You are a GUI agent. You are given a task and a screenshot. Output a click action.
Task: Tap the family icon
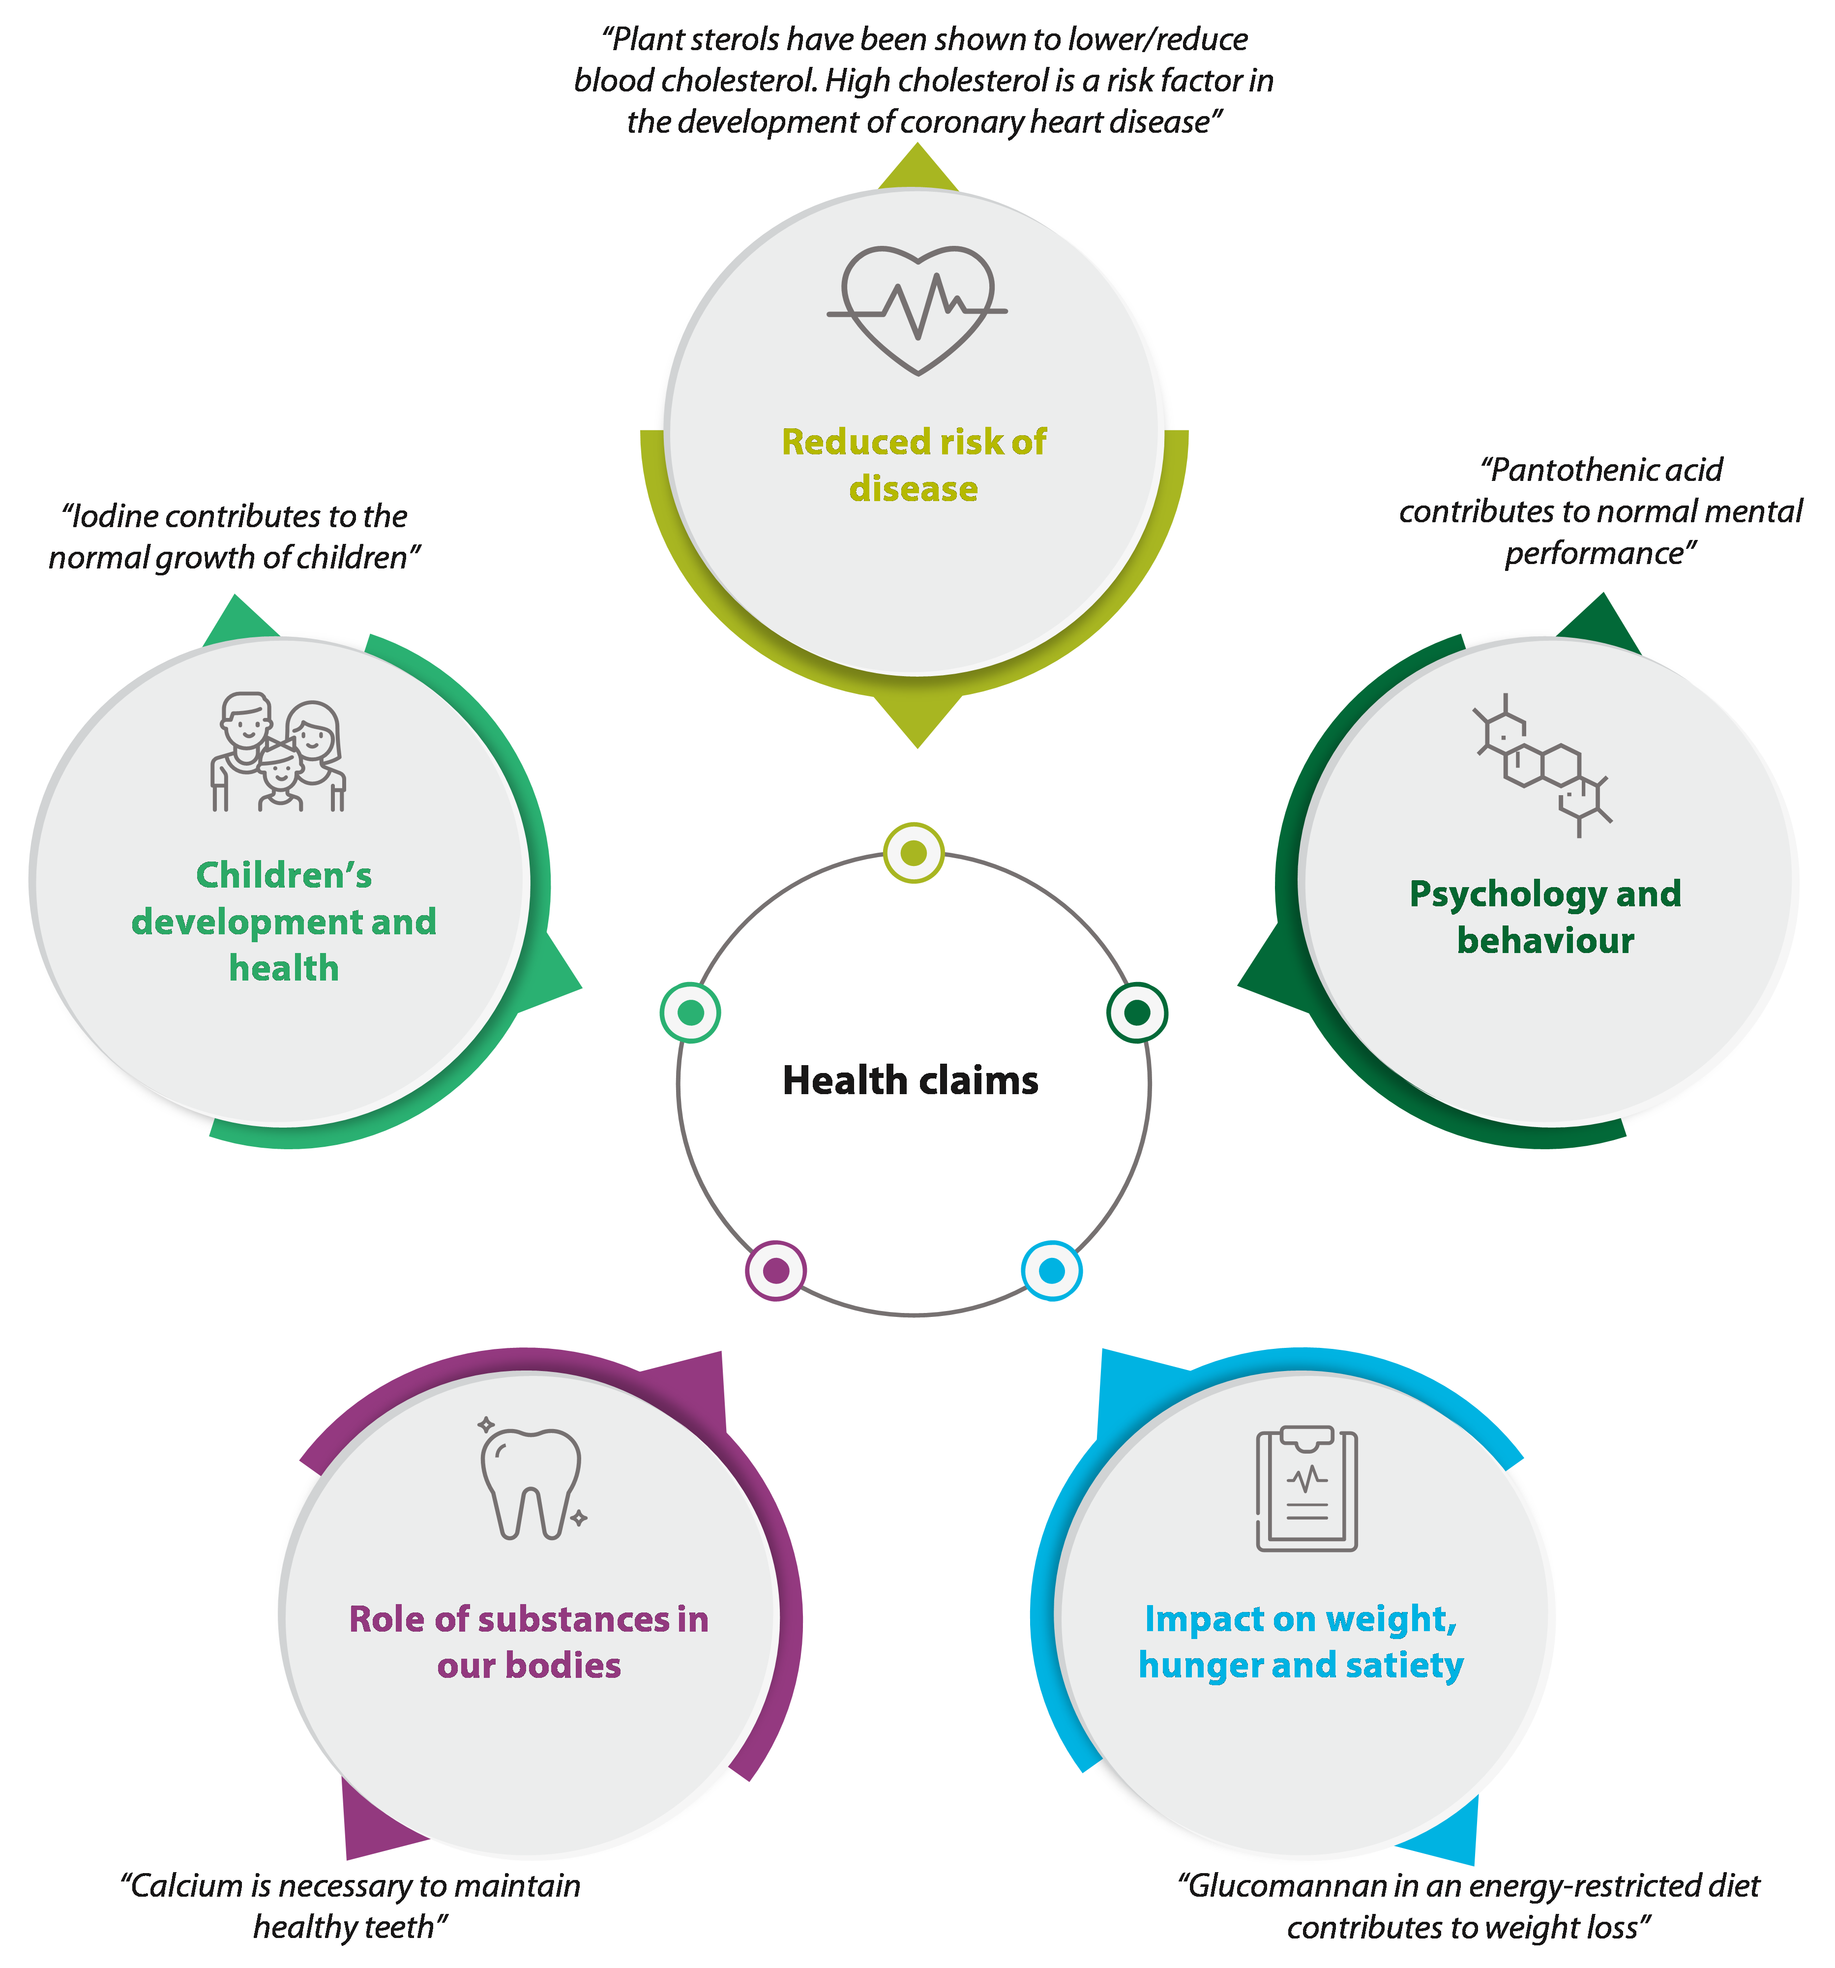(x=278, y=752)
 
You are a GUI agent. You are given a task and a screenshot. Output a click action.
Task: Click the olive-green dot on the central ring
(x=914, y=852)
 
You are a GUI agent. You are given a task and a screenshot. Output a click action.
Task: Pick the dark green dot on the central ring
(x=1137, y=1012)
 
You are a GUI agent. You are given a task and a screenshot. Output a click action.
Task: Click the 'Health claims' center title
(x=911, y=1080)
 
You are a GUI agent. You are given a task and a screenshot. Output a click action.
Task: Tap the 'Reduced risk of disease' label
(x=914, y=464)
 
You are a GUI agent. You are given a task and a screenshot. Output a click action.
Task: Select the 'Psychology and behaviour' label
(x=1545, y=917)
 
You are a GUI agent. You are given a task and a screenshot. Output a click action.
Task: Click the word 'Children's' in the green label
(x=284, y=875)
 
